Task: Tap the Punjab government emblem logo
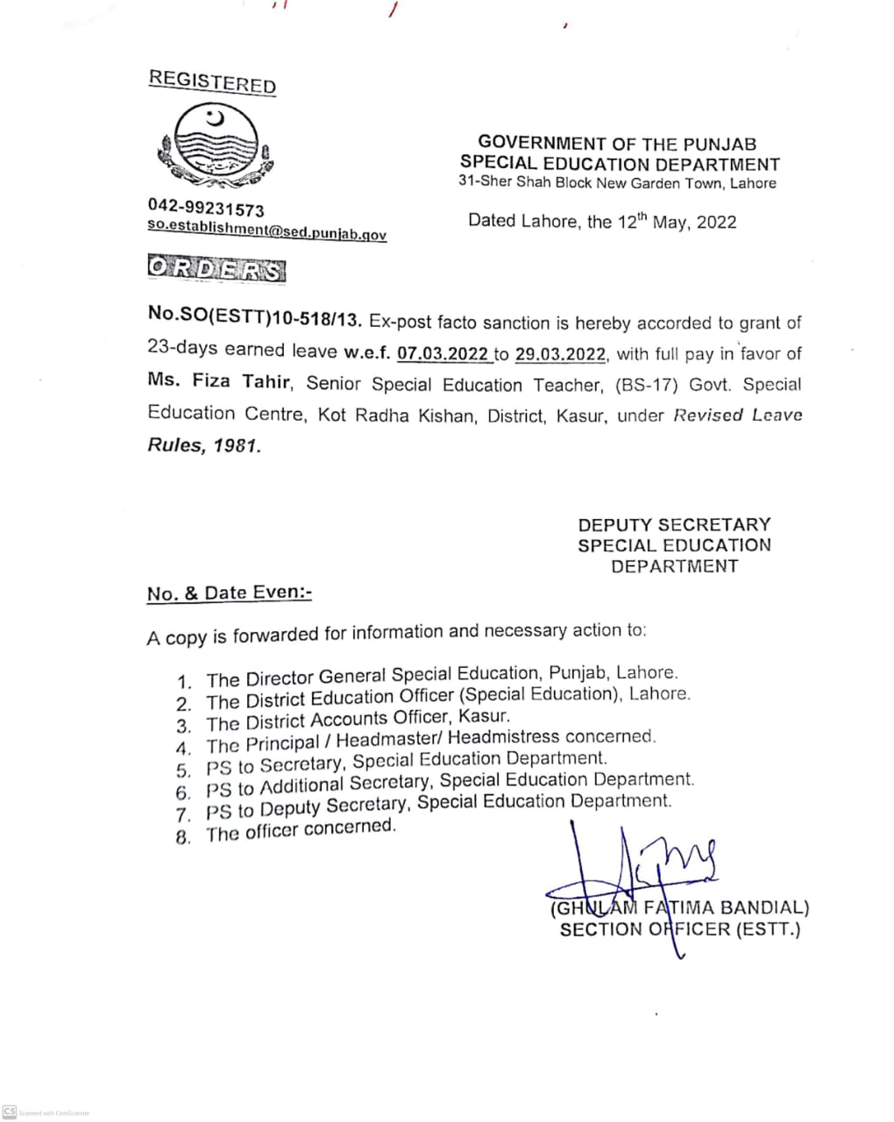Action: coord(215,145)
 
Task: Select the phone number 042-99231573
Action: coord(206,209)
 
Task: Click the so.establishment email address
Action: coord(266,230)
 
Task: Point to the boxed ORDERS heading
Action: coord(216,269)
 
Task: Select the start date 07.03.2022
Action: coord(443,354)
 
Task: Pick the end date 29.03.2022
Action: coord(561,354)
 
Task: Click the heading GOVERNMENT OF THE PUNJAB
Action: coord(617,143)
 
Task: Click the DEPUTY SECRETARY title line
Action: coord(674,524)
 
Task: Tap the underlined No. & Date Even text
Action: coord(230,593)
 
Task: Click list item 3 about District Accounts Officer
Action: coord(357,721)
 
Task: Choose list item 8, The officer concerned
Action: coord(301,830)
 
